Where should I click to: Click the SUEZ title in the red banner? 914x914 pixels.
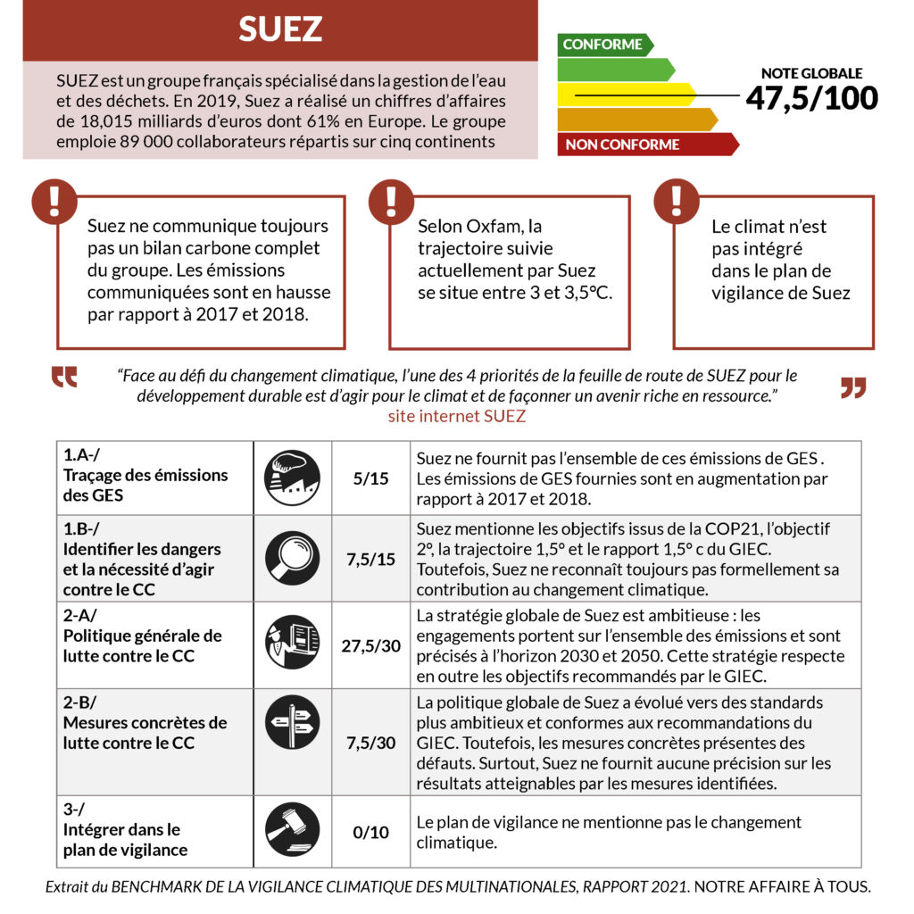click(279, 29)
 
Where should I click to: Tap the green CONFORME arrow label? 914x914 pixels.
click(603, 45)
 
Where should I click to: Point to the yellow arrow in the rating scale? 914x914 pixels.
click(625, 95)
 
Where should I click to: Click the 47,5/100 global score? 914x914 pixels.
click(811, 97)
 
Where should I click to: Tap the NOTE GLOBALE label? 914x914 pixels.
click(811, 72)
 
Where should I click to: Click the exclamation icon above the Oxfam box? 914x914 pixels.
click(390, 201)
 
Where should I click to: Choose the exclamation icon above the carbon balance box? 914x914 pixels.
click(54, 201)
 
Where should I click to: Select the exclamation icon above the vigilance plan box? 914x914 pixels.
click(676, 201)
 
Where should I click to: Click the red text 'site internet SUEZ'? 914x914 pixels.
click(456, 416)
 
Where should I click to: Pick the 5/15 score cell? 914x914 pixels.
click(370, 478)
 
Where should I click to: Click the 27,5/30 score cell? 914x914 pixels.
click(370, 645)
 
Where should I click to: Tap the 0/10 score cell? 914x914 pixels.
click(370, 832)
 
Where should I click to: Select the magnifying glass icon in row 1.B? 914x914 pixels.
click(292, 558)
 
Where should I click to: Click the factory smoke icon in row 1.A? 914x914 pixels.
click(292, 478)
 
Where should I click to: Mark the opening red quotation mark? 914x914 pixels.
click(64, 378)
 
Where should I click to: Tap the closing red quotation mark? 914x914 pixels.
click(853, 388)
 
